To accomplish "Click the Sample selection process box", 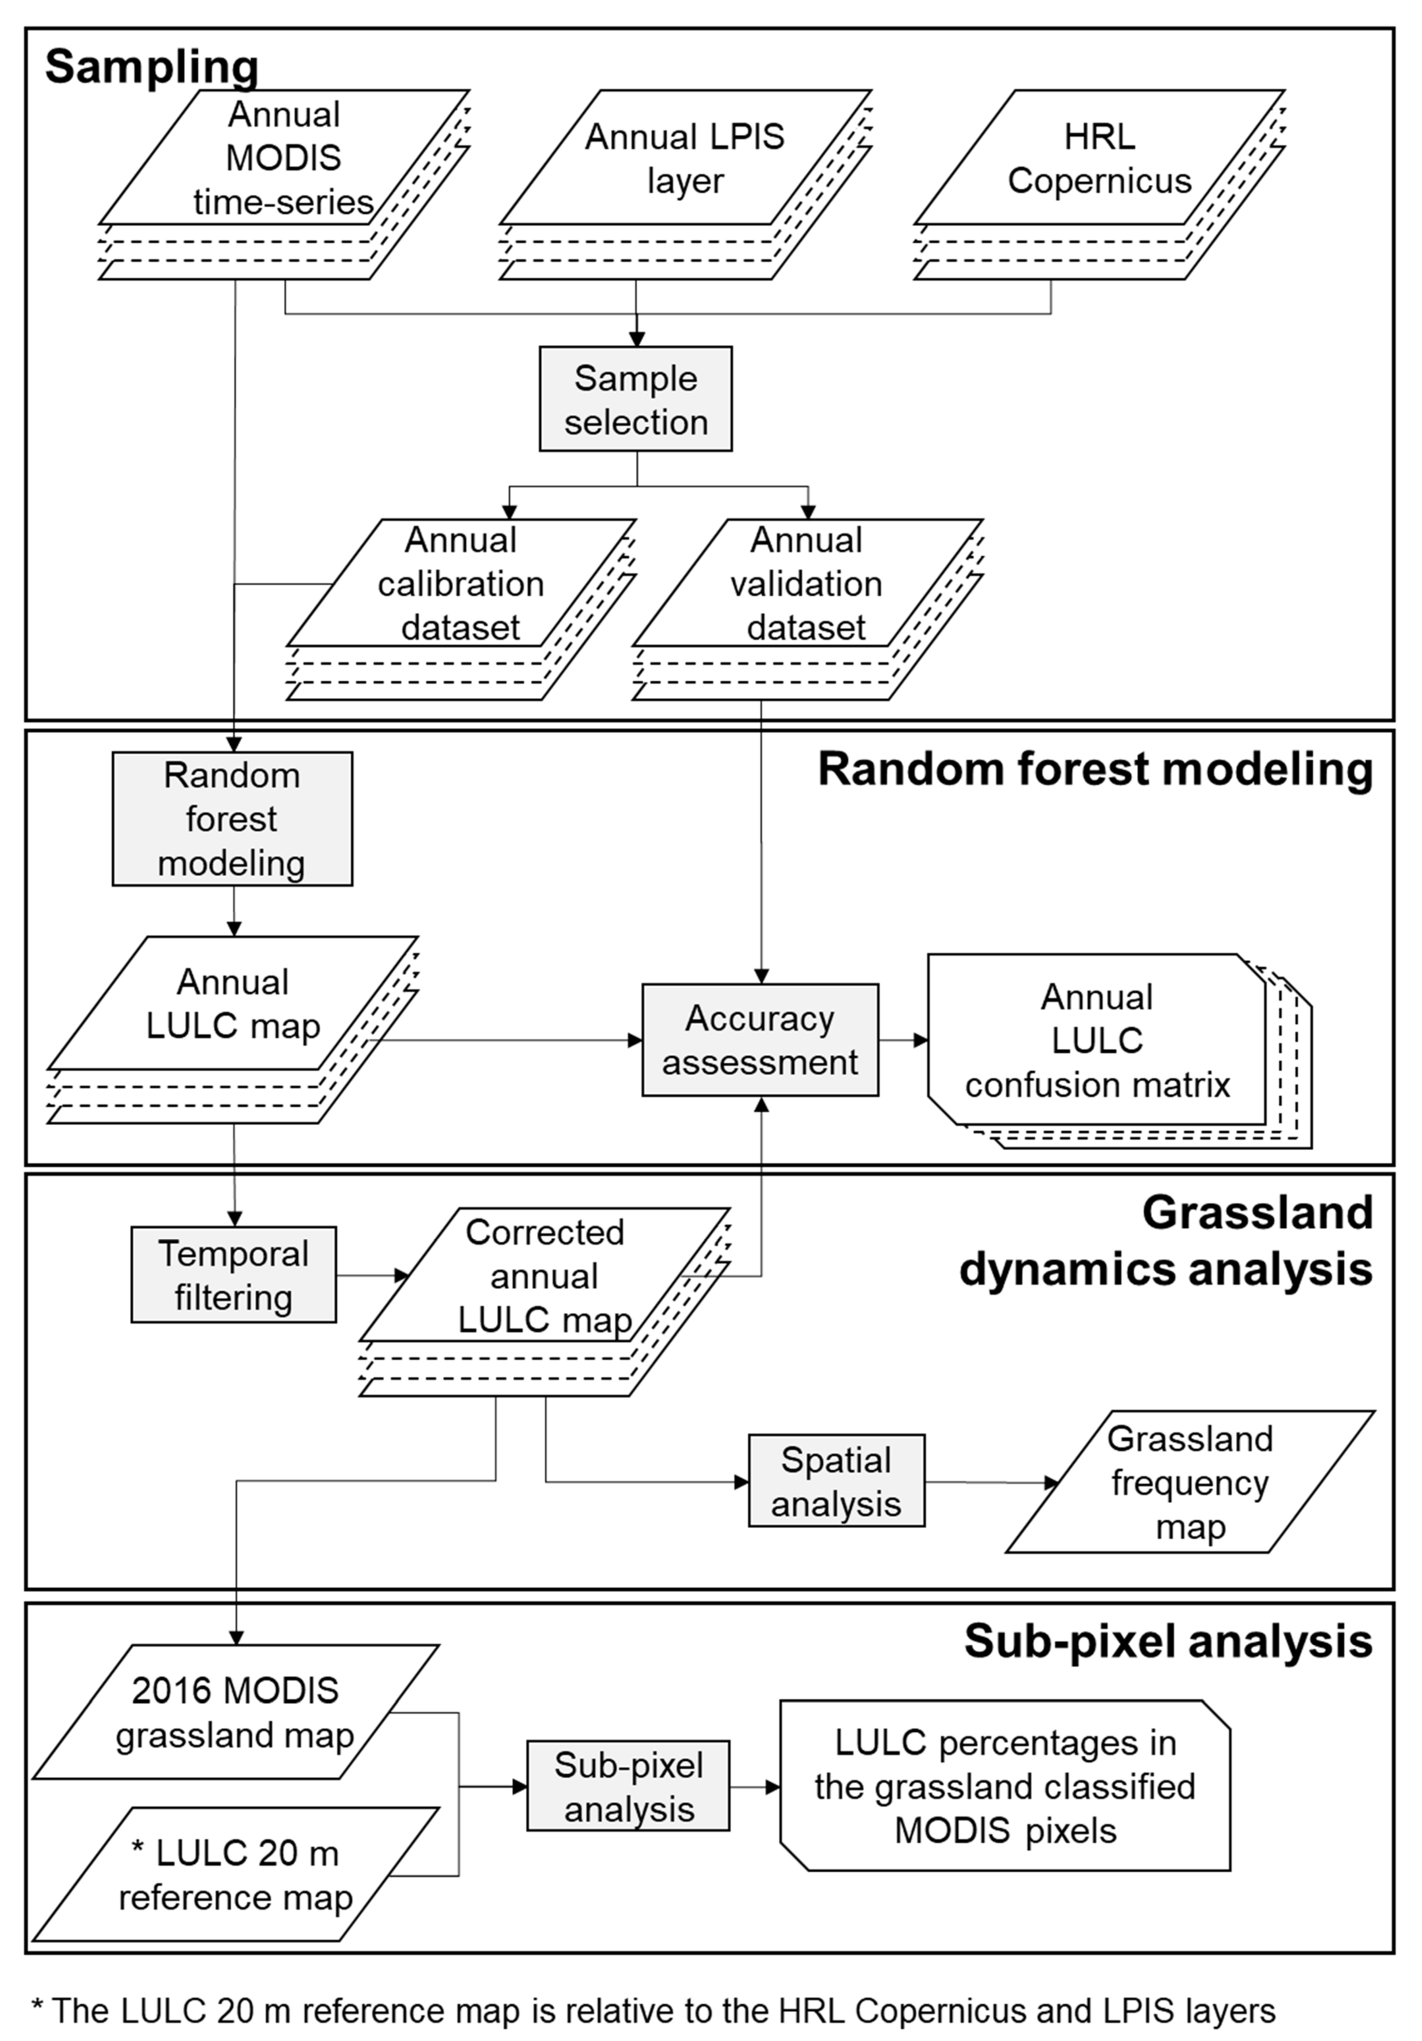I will tap(636, 399).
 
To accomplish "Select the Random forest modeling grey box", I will tap(232, 819).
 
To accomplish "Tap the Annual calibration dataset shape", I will tap(460, 583).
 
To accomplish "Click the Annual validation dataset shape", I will tap(807, 583).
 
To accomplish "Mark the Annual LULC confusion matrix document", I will tap(1097, 1040).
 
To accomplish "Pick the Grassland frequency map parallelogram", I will tap(1190, 1482).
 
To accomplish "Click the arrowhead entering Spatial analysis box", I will tap(741, 1482).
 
